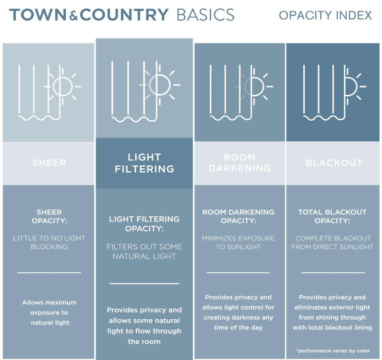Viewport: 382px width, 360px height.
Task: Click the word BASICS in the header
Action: coord(205,14)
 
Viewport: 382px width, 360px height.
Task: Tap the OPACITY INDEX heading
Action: coord(325,15)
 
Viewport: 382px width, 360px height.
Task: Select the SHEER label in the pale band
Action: coord(49,163)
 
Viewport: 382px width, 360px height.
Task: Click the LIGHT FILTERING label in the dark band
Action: coord(144,163)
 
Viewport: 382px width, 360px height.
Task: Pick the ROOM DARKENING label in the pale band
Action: coord(239,163)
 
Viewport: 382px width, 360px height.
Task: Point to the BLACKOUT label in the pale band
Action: coord(334,163)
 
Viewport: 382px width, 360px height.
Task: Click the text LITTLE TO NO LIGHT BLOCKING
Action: coord(49,243)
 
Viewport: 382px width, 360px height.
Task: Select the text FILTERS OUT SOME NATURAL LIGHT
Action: coord(144,252)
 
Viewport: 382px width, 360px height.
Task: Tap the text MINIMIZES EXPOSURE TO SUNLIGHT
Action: coord(238,243)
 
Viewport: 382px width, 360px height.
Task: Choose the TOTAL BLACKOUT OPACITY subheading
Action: coord(332,216)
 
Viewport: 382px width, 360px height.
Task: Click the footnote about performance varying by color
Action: coord(333,351)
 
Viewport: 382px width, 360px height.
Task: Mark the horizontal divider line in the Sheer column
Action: coord(49,273)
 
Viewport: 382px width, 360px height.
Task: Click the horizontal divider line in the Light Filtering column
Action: coord(144,284)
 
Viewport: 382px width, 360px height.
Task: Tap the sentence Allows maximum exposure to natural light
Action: coord(49,313)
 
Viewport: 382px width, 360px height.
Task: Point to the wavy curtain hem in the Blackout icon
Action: coord(324,118)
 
